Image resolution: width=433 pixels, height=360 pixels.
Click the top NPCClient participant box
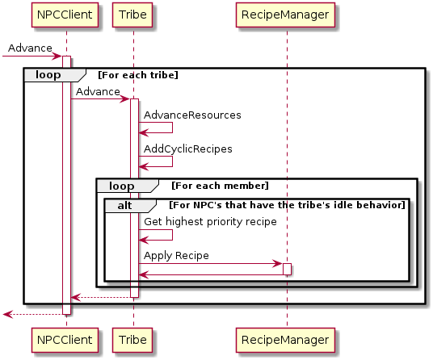coord(65,15)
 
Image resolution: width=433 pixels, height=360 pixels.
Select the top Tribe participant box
coord(132,15)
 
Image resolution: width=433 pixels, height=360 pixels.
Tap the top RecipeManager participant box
coord(285,15)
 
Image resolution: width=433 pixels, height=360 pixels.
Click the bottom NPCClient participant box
coord(65,340)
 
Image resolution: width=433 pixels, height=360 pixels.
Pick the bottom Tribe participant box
coord(132,340)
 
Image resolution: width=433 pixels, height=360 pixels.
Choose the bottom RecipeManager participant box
coord(285,340)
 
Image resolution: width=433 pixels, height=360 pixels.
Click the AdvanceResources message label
coord(192,115)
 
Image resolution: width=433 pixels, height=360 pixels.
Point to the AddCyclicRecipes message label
coord(188,149)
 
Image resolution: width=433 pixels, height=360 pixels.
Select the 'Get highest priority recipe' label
coord(210,222)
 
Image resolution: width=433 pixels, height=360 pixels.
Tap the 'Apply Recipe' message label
coord(176,256)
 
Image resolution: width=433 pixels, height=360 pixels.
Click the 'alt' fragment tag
coord(125,206)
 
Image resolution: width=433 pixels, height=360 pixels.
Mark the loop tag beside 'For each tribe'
coord(48,75)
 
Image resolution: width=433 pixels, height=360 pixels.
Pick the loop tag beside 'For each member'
coord(121,186)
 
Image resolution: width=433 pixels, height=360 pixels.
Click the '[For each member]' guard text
coord(220,186)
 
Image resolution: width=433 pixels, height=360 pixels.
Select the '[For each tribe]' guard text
coord(138,75)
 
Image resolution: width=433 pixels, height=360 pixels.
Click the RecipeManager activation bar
coord(288,270)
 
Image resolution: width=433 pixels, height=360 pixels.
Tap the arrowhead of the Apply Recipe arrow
coord(278,263)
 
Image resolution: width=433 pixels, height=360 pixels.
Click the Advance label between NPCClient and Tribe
coord(98,92)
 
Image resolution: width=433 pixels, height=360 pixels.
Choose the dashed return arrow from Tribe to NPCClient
coord(100,297)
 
